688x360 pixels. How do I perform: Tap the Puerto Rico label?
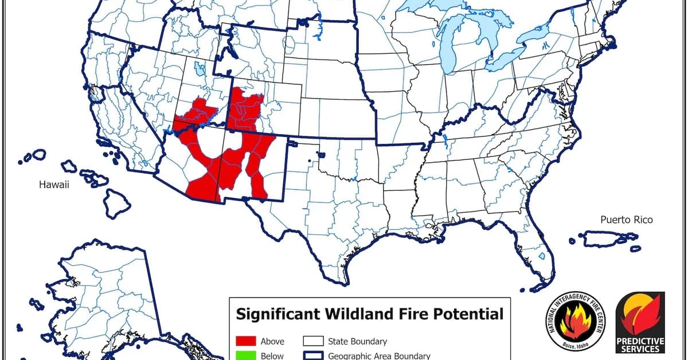(626, 220)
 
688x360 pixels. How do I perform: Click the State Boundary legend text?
(357, 341)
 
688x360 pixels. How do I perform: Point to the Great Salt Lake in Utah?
(199, 71)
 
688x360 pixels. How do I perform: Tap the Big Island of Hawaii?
(117, 204)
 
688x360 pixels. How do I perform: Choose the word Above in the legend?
(272, 341)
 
